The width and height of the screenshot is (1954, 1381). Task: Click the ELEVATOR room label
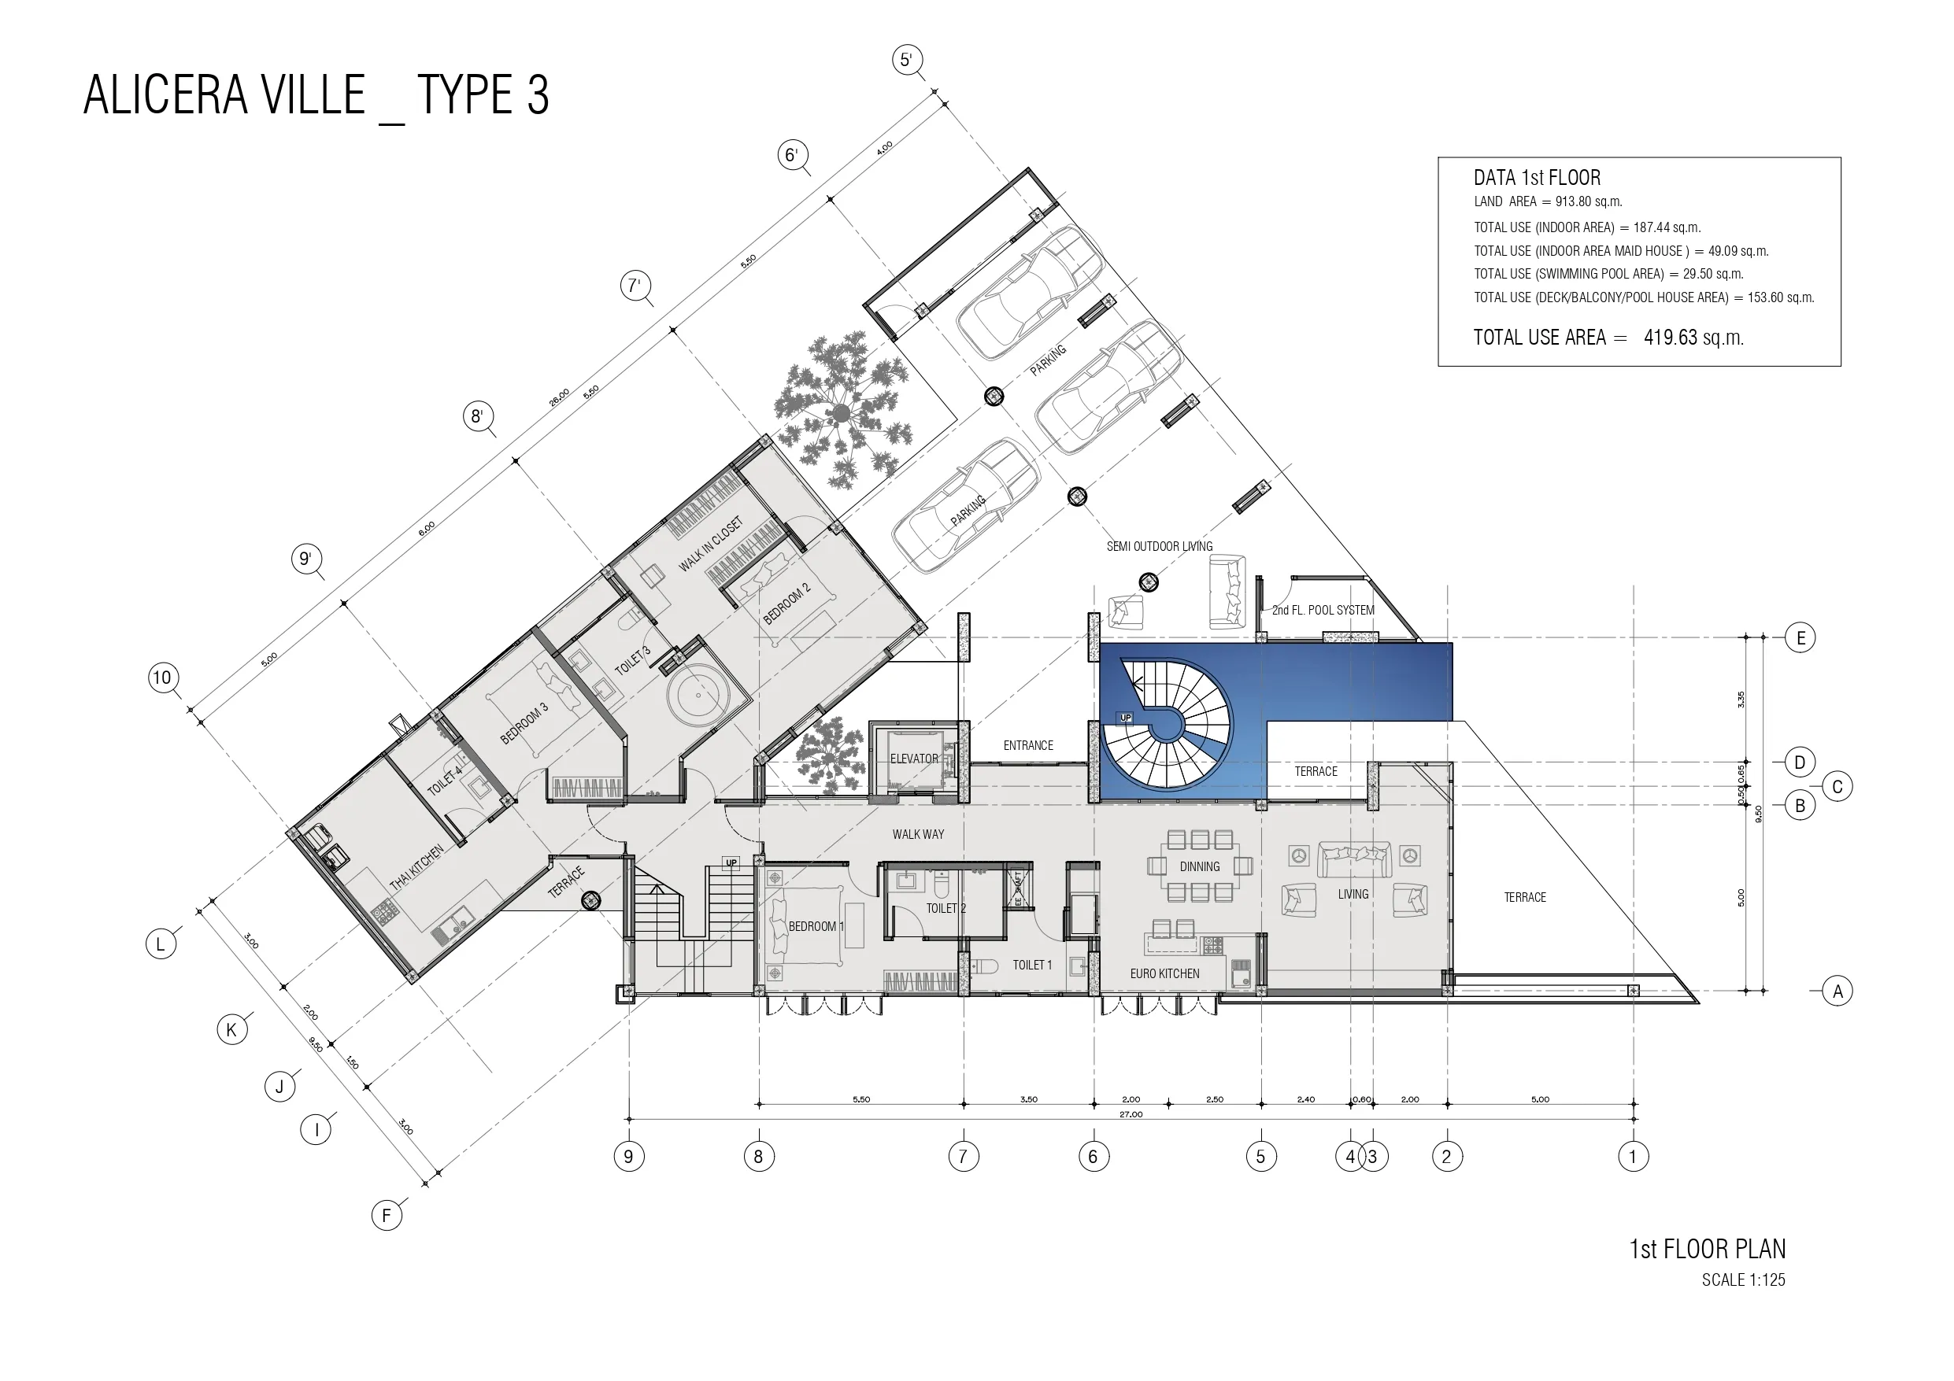coord(914,758)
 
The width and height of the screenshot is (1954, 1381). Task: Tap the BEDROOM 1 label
coord(816,925)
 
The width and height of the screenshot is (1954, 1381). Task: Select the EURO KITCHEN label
coord(1164,973)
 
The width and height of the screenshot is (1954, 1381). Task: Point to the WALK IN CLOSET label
coord(711,544)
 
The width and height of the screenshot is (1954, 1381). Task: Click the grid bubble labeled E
coord(1800,637)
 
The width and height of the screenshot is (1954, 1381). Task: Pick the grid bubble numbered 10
coord(161,678)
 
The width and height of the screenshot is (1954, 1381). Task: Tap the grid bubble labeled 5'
coord(906,60)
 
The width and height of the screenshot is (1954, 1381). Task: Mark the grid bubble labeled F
coord(387,1215)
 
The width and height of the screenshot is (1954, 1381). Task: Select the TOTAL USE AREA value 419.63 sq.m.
coord(1693,337)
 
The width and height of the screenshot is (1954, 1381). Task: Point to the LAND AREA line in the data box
coord(1548,201)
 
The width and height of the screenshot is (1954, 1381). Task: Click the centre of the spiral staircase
coord(1166,725)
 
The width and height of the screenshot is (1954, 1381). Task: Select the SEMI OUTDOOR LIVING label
coord(1159,546)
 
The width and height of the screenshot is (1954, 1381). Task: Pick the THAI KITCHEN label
coord(416,868)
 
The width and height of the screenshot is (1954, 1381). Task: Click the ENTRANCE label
coord(1028,745)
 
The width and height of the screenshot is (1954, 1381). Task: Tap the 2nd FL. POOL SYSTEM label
coord(1323,610)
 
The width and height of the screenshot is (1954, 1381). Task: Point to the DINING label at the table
coord(1199,866)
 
